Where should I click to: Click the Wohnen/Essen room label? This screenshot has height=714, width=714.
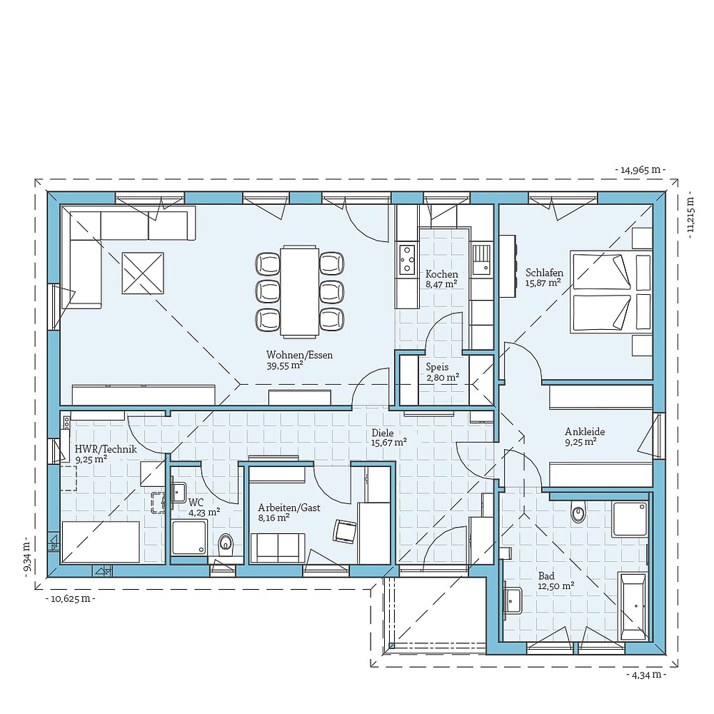coord(299,355)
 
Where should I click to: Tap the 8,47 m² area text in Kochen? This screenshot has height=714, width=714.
coord(441,284)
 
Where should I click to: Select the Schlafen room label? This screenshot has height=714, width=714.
coord(544,273)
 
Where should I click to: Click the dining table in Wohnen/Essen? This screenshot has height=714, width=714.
coord(299,291)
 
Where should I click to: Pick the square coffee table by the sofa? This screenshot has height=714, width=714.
coord(143,273)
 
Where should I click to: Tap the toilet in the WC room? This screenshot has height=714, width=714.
coord(226,544)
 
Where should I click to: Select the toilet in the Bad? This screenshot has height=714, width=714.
coord(579,511)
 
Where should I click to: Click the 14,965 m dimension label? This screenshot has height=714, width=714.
coord(640,170)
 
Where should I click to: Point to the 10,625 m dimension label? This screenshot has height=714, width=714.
coord(70,598)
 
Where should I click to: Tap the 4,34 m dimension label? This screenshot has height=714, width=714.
coord(645,675)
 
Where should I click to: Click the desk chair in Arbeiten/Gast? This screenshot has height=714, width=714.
coord(344,530)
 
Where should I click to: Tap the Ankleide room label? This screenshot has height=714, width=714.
coord(585,431)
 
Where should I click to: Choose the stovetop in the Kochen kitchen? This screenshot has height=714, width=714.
coord(407,259)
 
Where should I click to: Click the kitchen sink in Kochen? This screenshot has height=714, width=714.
coord(481,258)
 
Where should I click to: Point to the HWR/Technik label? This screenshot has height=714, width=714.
coord(105,449)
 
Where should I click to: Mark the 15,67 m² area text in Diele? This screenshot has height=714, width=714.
coord(388,443)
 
